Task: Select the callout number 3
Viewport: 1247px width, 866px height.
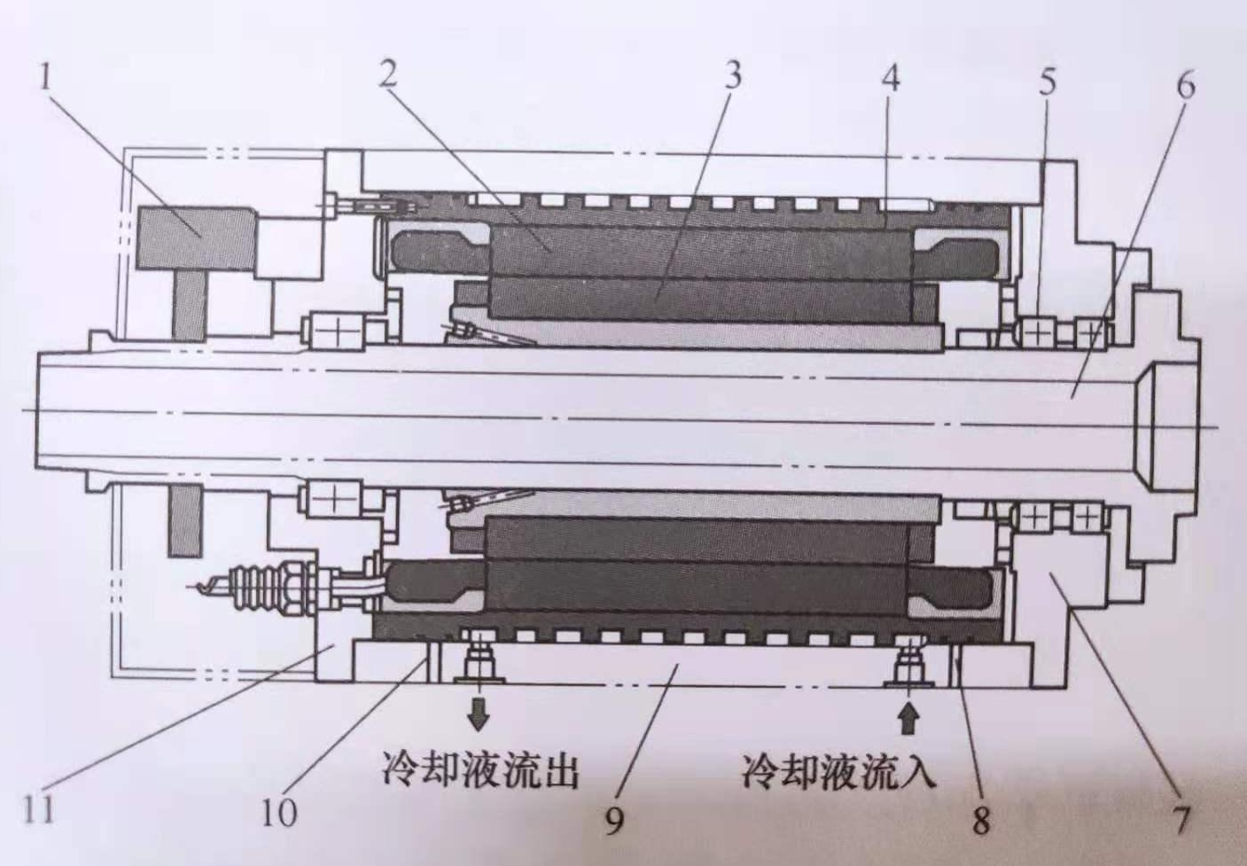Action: tap(731, 75)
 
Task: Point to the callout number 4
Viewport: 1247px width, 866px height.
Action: tap(890, 78)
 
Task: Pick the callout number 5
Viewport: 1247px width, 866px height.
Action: tap(1047, 82)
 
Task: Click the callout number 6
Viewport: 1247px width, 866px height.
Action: tap(1185, 85)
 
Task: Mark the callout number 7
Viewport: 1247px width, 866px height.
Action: tap(1181, 819)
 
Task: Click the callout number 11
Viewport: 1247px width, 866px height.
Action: tap(39, 809)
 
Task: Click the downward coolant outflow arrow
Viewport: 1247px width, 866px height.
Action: tap(479, 713)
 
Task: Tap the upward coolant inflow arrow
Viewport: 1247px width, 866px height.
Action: tap(906, 716)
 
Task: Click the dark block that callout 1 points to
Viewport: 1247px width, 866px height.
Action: tap(195, 238)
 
